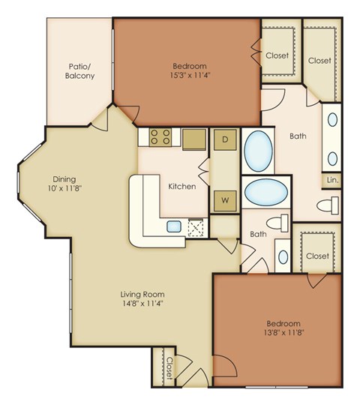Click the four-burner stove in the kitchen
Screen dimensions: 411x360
click(x=159, y=137)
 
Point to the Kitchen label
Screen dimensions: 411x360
click(x=182, y=185)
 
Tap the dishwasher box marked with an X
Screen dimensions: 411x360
click(x=196, y=226)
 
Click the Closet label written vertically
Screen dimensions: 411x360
click(x=170, y=367)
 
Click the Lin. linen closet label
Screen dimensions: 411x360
click(x=333, y=180)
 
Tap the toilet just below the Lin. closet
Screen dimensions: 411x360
click(x=328, y=205)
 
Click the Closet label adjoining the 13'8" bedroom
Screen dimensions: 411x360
click(x=317, y=256)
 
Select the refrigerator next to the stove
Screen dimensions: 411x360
click(x=193, y=139)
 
